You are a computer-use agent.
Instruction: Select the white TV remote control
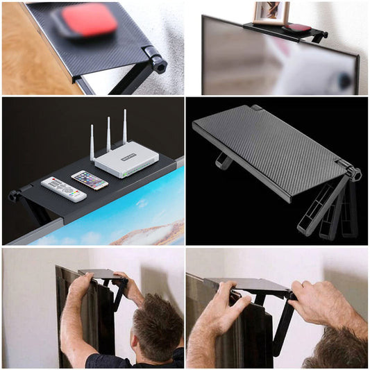click(63, 188)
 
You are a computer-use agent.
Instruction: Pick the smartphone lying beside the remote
click(90, 180)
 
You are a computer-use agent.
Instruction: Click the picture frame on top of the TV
click(271, 12)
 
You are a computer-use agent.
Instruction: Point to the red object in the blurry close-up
click(87, 20)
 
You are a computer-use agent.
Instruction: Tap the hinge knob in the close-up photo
click(159, 64)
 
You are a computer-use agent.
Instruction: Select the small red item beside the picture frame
click(299, 27)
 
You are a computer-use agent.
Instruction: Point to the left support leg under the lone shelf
click(224, 160)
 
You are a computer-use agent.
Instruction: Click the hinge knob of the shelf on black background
click(355, 174)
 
